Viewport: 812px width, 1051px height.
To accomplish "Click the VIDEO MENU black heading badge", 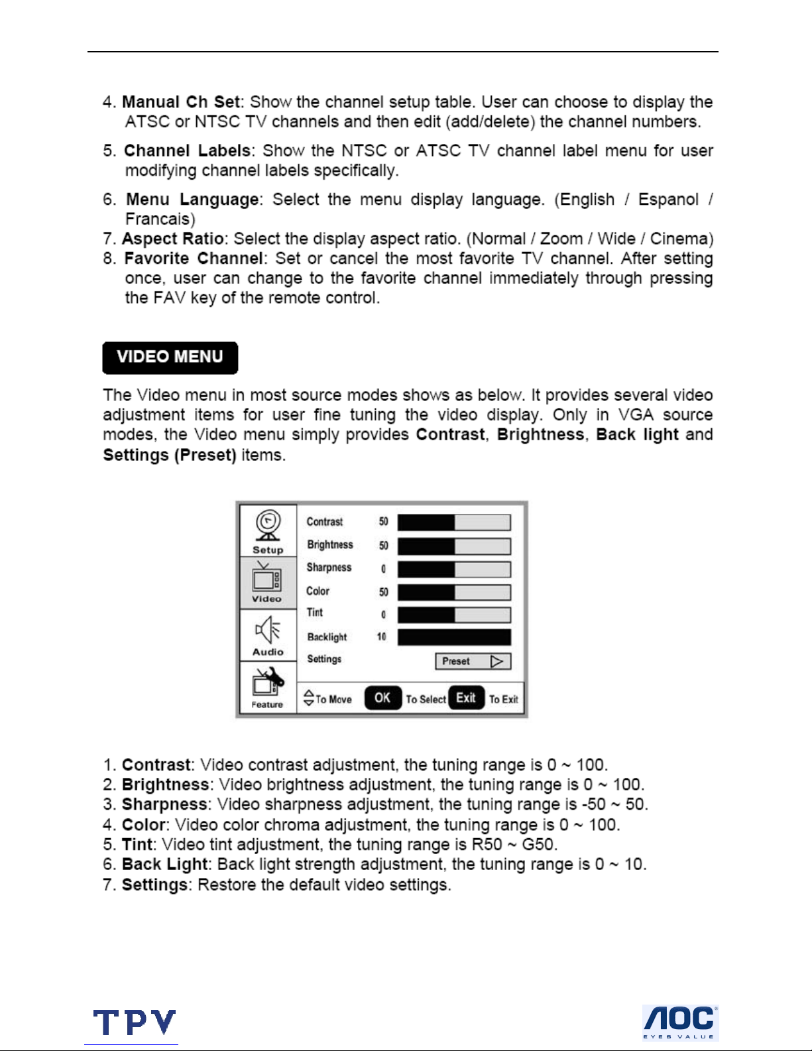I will click(x=170, y=357).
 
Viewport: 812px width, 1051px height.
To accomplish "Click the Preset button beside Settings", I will click(x=473, y=661).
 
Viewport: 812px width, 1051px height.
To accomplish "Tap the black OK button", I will click(x=382, y=698).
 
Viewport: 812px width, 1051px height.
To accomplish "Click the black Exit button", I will click(x=466, y=698).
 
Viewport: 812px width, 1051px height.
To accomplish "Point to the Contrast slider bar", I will click(x=454, y=523).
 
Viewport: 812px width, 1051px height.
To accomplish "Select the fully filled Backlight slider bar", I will click(x=454, y=637).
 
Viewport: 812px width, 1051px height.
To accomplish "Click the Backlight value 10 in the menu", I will click(x=382, y=637).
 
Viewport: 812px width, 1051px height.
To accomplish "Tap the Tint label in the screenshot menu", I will click(x=315, y=613).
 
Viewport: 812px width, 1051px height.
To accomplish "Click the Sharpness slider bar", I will click(x=454, y=569).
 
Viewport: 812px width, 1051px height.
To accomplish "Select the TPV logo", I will click(x=135, y=1022).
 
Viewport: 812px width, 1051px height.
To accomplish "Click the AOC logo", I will click(x=680, y=1022).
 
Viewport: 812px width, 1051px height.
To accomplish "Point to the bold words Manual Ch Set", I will click(x=181, y=102).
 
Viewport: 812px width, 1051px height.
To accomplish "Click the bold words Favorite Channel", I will click(x=194, y=259).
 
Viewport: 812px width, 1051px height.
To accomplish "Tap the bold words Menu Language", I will click(x=192, y=200).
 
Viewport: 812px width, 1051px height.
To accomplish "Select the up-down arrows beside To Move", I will click(x=309, y=698).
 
